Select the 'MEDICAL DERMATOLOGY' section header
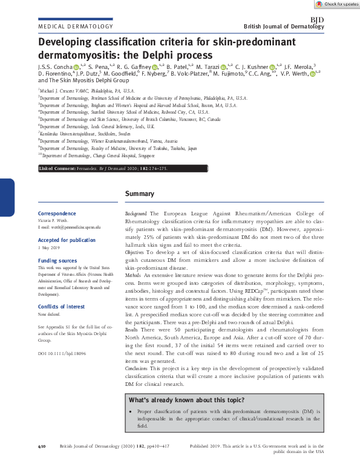(76, 27)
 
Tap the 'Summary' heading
(140, 194)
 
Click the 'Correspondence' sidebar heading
(57, 214)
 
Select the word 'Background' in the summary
(136, 214)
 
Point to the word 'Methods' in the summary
(134, 274)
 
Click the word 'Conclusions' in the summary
(138, 368)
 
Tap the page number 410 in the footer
(42, 446)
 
